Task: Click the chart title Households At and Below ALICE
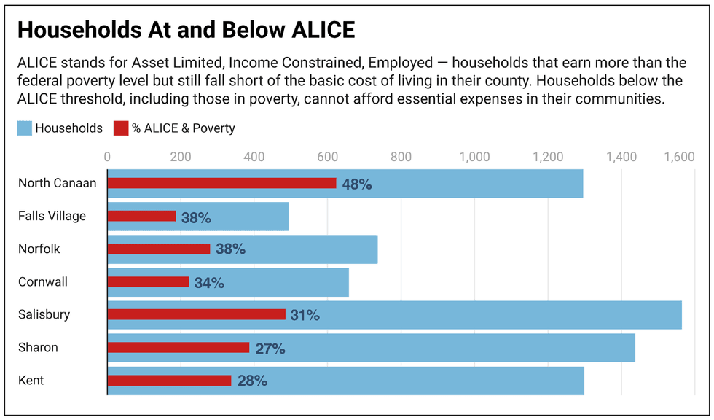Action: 186,30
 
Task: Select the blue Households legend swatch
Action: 24,128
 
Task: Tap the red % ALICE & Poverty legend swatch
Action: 120,128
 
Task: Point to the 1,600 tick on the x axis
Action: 680,156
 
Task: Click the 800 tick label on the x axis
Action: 401,156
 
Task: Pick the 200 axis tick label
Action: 181,156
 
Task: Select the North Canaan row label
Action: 57,183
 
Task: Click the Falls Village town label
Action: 52,216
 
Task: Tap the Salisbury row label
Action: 44,314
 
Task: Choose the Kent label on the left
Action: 31,380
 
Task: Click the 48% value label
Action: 357,184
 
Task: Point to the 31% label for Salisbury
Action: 305,316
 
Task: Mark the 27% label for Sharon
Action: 270,349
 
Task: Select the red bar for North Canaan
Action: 221,184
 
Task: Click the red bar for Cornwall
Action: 148,282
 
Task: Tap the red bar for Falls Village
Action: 141,217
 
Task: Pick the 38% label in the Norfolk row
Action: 230,249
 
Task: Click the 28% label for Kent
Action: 252,381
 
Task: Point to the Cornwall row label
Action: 42,281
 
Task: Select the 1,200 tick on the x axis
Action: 548,156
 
